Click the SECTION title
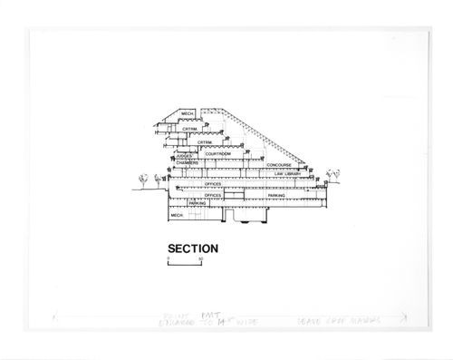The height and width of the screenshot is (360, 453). pyautogui.click(x=193, y=247)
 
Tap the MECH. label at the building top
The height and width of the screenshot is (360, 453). pyautogui.click(x=188, y=114)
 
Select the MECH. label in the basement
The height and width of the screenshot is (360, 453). pyautogui.click(x=178, y=215)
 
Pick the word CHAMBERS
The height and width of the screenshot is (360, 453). pyautogui.click(x=186, y=163)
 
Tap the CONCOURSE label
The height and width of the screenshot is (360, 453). pyautogui.click(x=279, y=164)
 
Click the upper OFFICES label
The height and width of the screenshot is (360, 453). pyautogui.click(x=213, y=184)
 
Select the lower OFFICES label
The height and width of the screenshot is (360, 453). pyautogui.click(x=213, y=195)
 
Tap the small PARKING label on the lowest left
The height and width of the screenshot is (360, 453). pyautogui.click(x=197, y=203)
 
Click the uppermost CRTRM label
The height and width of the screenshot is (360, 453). pyautogui.click(x=190, y=130)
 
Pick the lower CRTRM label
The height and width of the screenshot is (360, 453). pyautogui.click(x=205, y=142)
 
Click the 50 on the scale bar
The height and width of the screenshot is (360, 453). pyautogui.click(x=200, y=259)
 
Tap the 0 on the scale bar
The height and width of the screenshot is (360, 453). pyautogui.click(x=169, y=259)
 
